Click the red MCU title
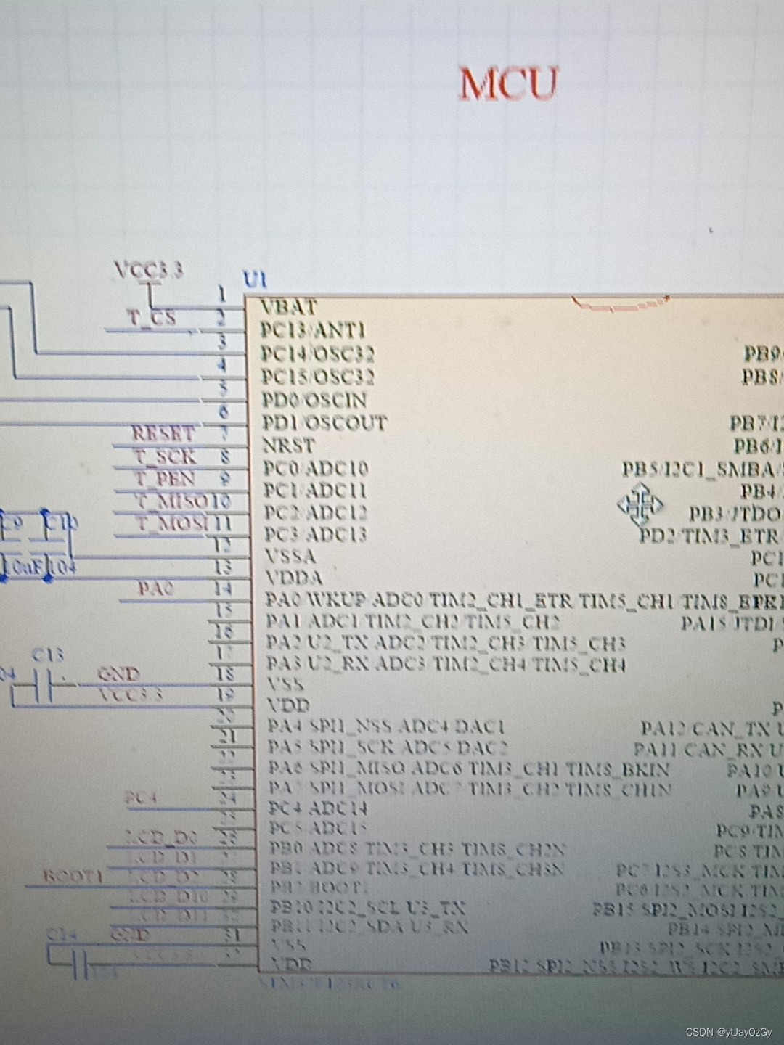point(509,83)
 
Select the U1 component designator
point(255,279)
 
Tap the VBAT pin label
point(289,307)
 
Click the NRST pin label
point(289,445)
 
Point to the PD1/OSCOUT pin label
point(324,422)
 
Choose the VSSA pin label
point(290,557)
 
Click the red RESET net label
point(163,434)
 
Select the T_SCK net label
point(165,456)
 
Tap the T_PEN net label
point(165,479)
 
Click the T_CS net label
point(152,318)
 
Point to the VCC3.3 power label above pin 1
point(149,270)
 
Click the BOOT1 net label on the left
point(73,876)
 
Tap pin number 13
point(223,566)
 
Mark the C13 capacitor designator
point(48,655)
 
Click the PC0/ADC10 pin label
point(315,468)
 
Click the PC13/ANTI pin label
point(313,330)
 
